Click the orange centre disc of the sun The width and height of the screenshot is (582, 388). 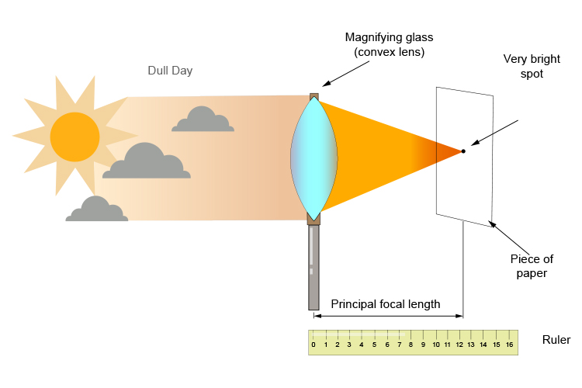(x=74, y=137)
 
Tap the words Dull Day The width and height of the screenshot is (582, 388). (x=170, y=71)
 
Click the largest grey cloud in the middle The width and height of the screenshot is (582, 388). (x=147, y=163)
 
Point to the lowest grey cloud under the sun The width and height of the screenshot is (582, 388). (x=96, y=210)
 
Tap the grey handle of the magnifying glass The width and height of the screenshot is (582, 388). (x=314, y=267)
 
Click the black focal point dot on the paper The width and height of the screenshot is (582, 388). (x=463, y=151)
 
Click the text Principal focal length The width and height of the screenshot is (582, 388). (x=386, y=304)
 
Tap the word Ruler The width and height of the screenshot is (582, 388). (x=556, y=340)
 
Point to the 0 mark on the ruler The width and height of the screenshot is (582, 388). (x=314, y=344)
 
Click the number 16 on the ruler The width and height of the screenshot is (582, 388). (x=509, y=344)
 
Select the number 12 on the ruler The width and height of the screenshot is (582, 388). (x=459, y=344)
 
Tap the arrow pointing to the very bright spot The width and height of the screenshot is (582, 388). (x=494, y=133)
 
